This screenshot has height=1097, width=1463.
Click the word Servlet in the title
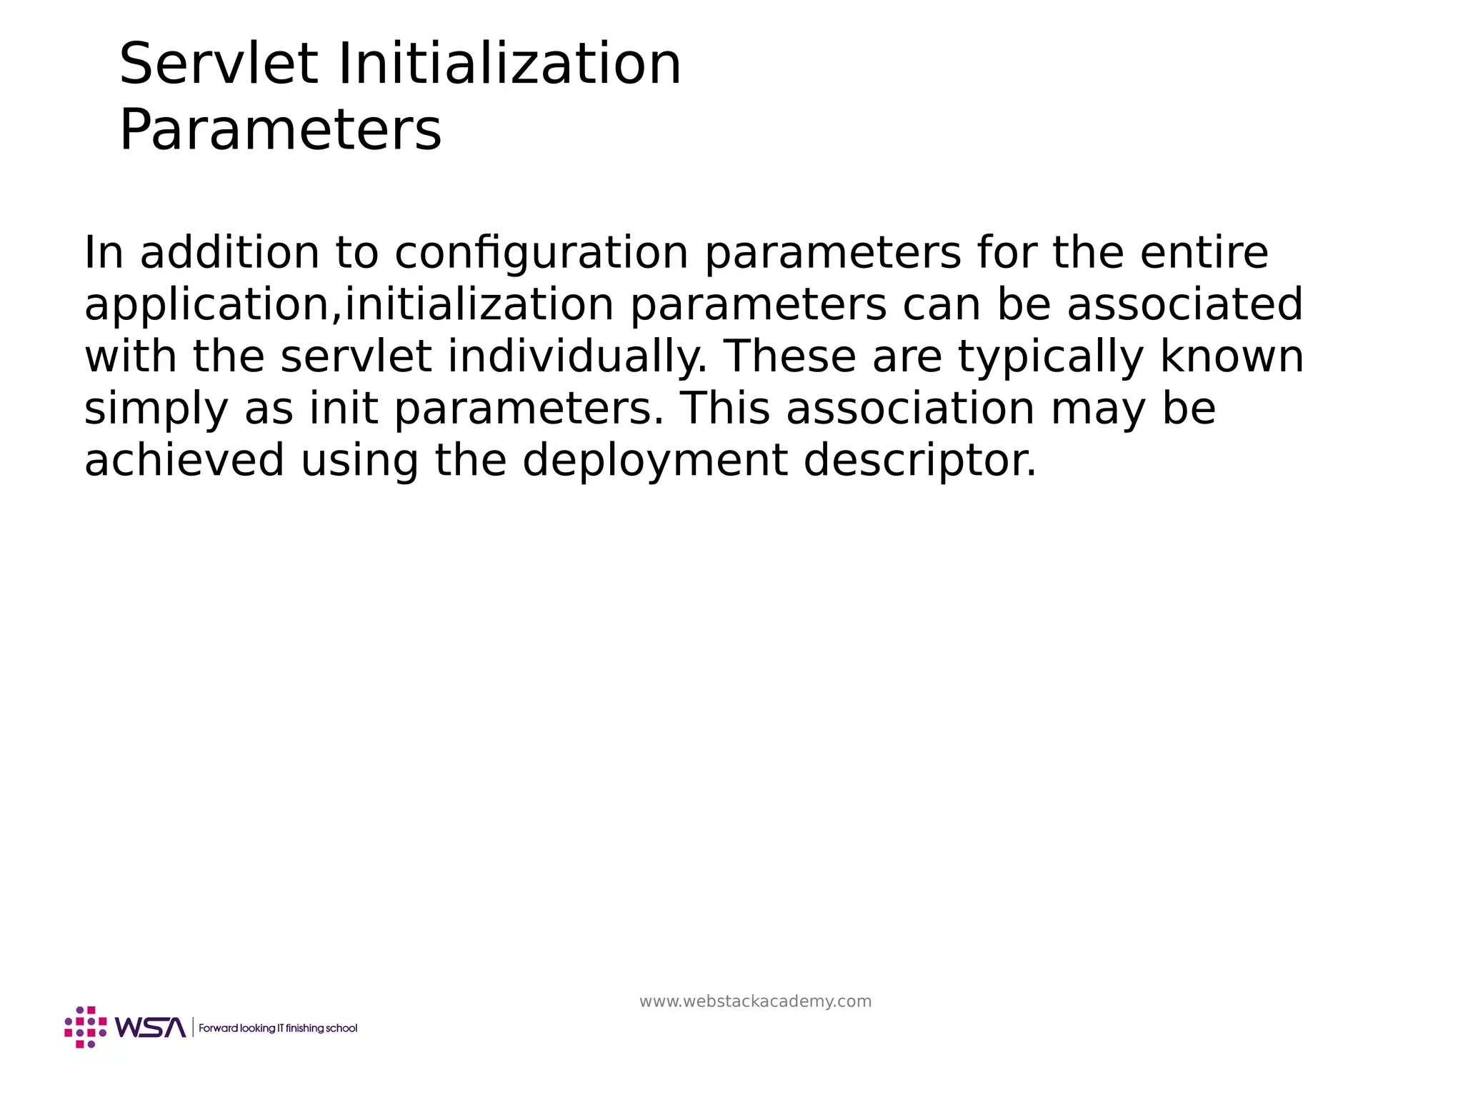tap(218, 64)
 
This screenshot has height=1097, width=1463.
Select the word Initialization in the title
tap(509, 64)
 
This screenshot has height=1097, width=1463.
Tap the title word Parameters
tap(280, 131)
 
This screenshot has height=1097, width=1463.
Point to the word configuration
tap(541, 254)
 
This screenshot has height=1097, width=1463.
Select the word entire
tap(1204, 253)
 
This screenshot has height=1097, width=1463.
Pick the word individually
tap(577, 357)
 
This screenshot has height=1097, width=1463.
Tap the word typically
tap(1050, 357)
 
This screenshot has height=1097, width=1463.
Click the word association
tap(910, 409)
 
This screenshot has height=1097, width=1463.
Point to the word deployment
tap(655, 461)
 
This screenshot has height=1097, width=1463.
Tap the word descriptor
tap(919, 461)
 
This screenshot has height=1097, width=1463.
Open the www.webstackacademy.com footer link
tap(755, 1001)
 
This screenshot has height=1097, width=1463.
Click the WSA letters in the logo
tap(150, 1028)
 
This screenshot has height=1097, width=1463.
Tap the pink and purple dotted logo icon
tap(86, 1027)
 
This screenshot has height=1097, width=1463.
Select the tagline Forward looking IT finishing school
tap(278, 1028)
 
